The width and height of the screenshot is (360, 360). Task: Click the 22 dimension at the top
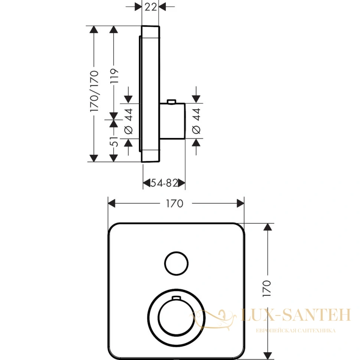(x=151, y=7)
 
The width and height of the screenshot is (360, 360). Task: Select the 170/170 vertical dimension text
(x=94, y=91)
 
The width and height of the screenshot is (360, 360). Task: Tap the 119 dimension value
(x=114, y=76)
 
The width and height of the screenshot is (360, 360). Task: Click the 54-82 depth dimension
(x=164, y=183)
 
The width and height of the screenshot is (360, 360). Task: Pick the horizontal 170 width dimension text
(x=175, y=203)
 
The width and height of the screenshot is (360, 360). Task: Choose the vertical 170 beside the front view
(x=267, y=288)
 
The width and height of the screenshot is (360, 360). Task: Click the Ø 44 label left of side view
(x=128, y=121)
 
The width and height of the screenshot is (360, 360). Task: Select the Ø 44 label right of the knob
(x=196, y=121)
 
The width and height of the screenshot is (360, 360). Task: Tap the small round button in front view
(x=176, y=264)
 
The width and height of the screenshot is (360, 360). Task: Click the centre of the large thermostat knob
(x=176, y=318)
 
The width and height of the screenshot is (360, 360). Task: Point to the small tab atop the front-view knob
(x=176, y=298)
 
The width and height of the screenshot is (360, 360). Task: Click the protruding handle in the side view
(x=173, y=121)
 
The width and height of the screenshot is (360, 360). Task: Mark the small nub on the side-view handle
(x=172, y=101)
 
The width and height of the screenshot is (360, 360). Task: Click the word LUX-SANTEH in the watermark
(x=296, y=315)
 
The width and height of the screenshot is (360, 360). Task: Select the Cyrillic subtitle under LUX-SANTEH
(x=296, y=331)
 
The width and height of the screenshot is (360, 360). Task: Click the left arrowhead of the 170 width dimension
(x=112, y=203)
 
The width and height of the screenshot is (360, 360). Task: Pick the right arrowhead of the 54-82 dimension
(x=181, y=183)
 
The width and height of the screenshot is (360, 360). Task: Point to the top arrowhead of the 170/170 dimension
(x=94, y=29)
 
